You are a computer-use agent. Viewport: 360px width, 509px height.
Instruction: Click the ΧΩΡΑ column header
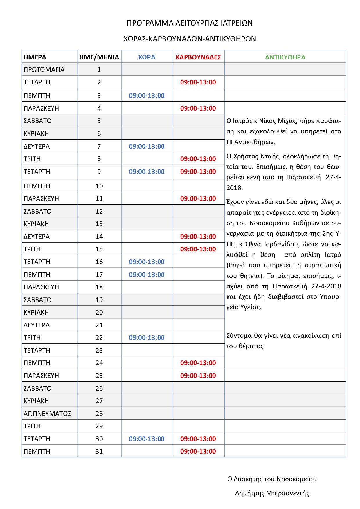point(147,57)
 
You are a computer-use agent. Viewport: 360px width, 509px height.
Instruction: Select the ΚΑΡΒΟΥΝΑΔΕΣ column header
point(198,57)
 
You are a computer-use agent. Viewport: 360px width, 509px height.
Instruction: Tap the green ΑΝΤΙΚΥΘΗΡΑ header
point(285,57)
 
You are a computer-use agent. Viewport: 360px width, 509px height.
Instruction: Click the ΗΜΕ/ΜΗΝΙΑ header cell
point(99,57)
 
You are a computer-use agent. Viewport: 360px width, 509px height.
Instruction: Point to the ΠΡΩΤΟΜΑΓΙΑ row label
point(44,70)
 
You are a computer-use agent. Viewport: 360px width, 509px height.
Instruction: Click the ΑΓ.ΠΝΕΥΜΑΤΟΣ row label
point(47,414)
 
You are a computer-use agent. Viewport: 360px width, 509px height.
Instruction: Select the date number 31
point(99,451)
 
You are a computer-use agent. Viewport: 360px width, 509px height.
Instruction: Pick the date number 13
point(99,224)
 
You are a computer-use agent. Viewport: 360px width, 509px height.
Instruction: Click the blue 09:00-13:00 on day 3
point(147,95)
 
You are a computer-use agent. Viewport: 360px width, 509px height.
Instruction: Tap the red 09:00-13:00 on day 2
point(198,82)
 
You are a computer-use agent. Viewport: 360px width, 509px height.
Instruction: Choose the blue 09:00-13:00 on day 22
point(147,337)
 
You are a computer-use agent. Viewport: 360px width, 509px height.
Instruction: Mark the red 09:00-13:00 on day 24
point(198,363)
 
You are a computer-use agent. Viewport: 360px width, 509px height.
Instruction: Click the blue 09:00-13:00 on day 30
point(147,439)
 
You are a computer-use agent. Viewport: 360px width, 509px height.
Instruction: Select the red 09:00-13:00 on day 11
point(198,198)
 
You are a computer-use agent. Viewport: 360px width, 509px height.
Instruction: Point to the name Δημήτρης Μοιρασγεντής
point(272,493)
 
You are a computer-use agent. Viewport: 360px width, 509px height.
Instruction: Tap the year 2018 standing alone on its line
point(234,188)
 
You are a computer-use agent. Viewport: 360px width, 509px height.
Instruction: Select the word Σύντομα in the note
point(239,336)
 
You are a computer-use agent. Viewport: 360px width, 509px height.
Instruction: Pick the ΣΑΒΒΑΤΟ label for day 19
point(37,300)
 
